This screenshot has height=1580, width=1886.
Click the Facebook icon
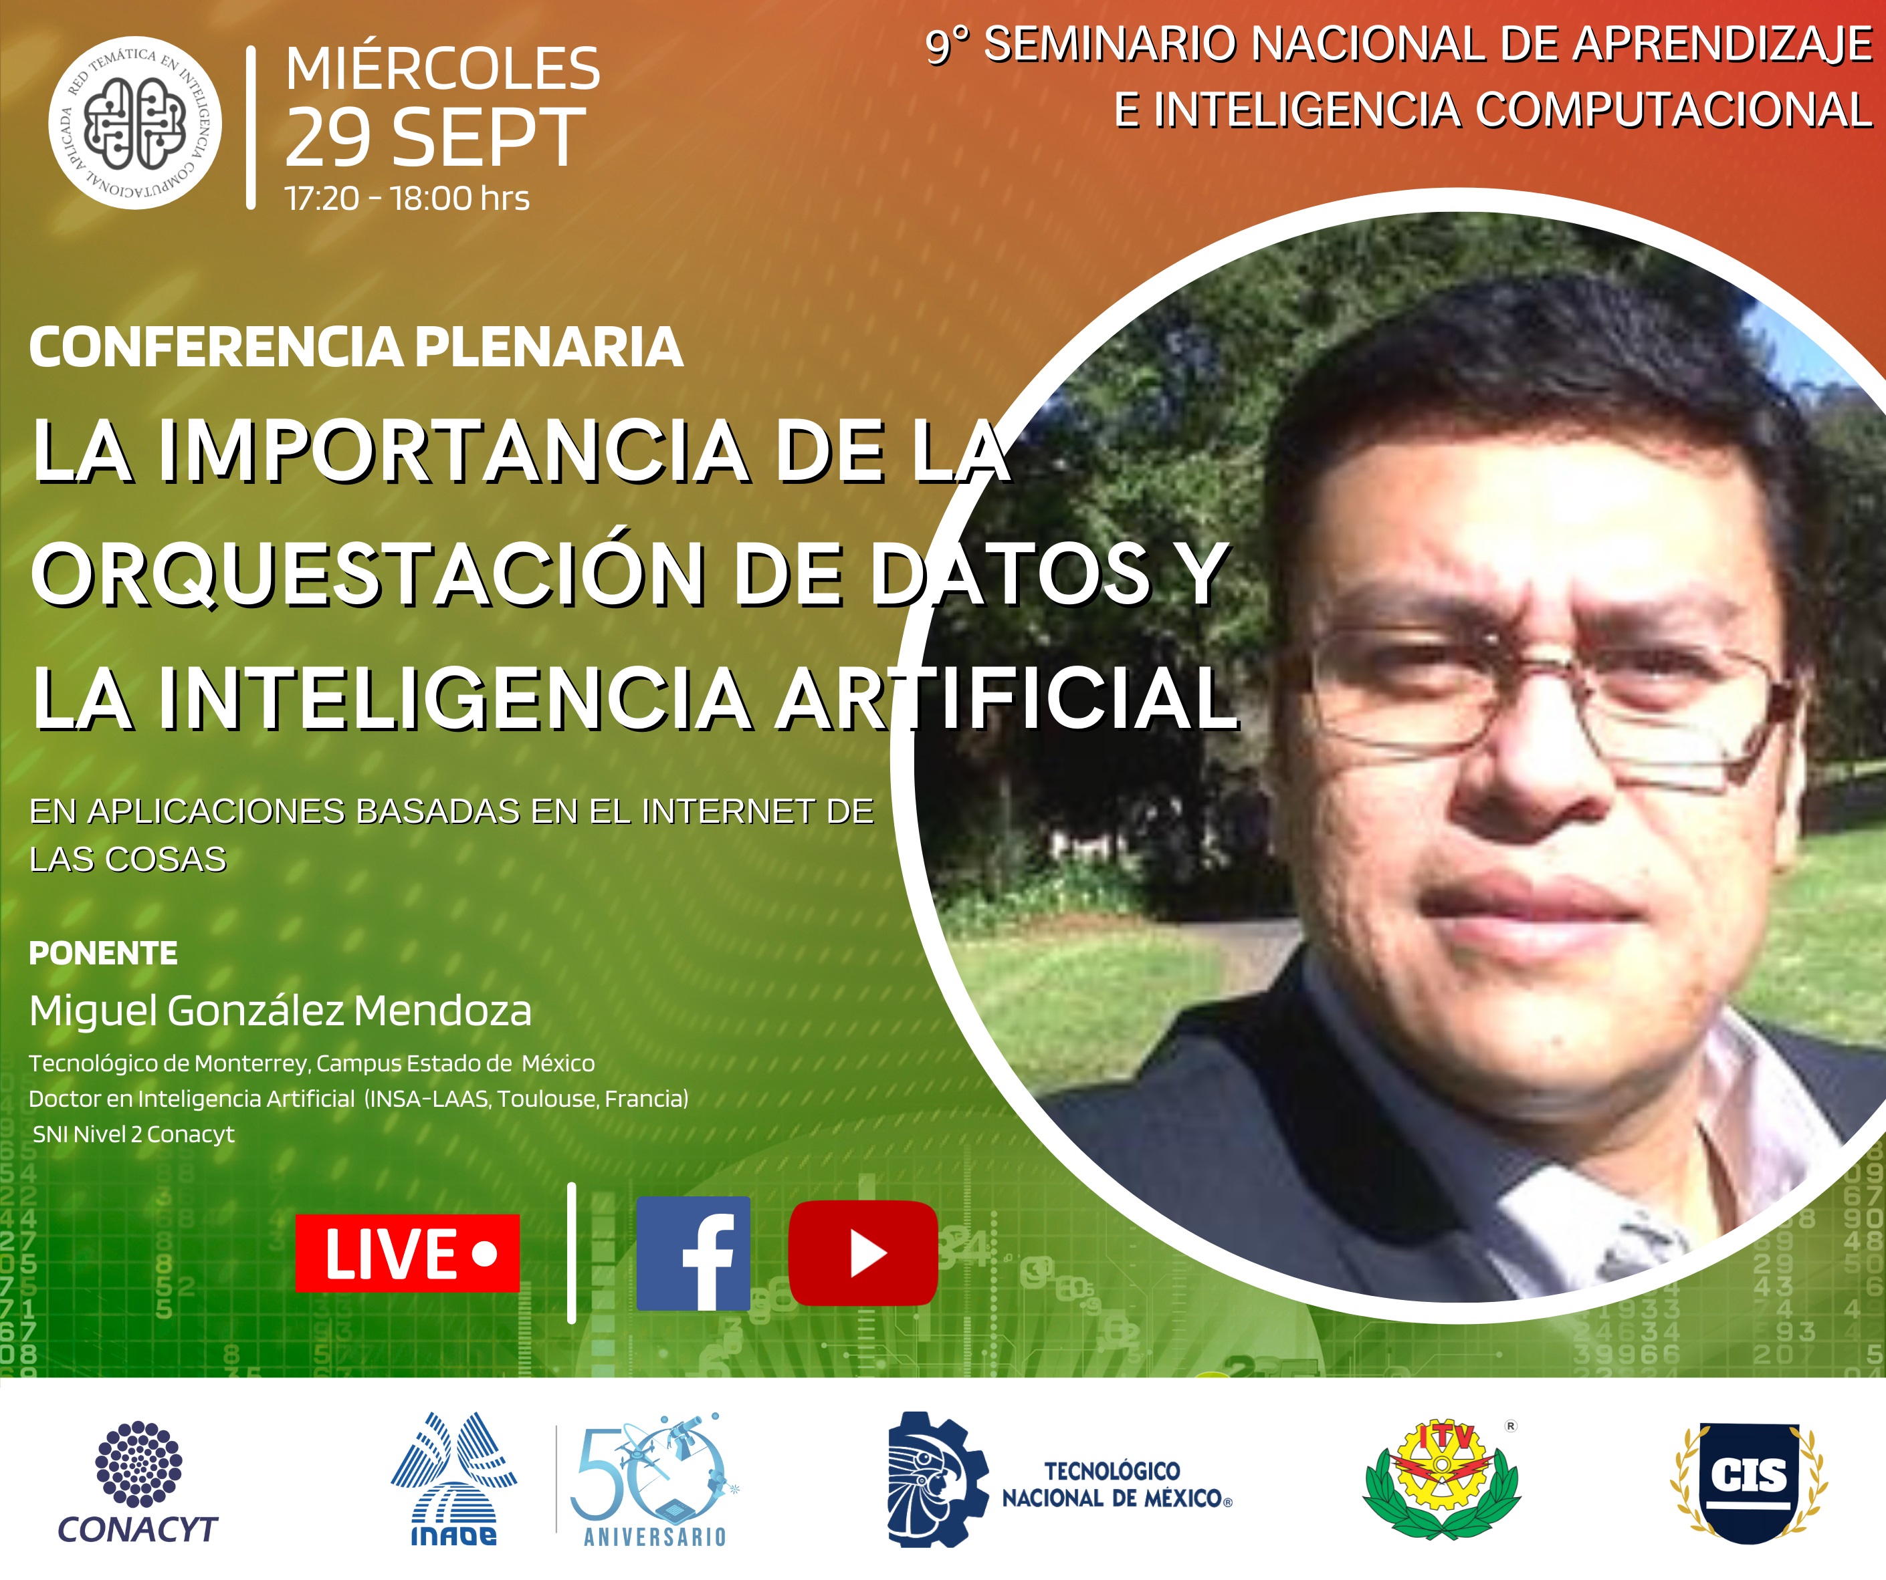(692, 1253)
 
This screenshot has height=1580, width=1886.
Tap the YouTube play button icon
(863, 1253)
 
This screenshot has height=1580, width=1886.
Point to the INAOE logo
(453, 1480)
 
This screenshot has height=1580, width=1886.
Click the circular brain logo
(134, 123)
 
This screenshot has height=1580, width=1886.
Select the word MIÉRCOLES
(443, 68)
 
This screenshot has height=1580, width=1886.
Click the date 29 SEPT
(435, 138)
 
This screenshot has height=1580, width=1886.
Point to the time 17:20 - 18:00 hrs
(407, 199)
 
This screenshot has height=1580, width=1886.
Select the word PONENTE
(103, 952)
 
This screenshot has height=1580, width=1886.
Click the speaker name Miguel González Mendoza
(280, 1011)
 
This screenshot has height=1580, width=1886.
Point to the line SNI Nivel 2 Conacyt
(134, 1135)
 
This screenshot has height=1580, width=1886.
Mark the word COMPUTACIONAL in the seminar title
(1674, 110)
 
